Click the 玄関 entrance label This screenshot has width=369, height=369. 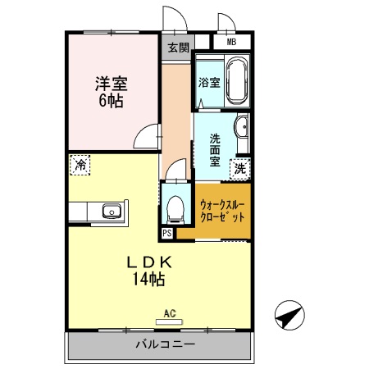(178, 47)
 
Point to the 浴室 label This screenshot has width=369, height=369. (209, 82)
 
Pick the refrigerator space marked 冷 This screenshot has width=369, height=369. (80, 165)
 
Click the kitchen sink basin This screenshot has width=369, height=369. (111, 212)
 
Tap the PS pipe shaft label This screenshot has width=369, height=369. (167, 234)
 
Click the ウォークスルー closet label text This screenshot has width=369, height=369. (222, 205)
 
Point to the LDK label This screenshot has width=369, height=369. (148, 262)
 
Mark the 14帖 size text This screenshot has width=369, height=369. (148, 280)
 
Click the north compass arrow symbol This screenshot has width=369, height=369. (289, 315)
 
